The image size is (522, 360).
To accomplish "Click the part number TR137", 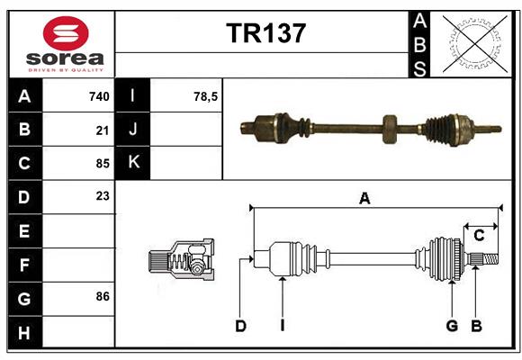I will (265, 33).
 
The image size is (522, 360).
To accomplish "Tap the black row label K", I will (132, 163).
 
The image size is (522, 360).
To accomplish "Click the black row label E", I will (24, 230).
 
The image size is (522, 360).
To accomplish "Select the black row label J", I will (132, 130).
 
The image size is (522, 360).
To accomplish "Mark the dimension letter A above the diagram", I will (364, 199).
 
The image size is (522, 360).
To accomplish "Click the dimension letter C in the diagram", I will (479, 235).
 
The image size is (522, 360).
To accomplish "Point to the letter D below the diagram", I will (240, 326).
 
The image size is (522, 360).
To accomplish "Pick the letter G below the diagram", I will (452, 326).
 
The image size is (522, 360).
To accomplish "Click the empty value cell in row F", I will (79, 265).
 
